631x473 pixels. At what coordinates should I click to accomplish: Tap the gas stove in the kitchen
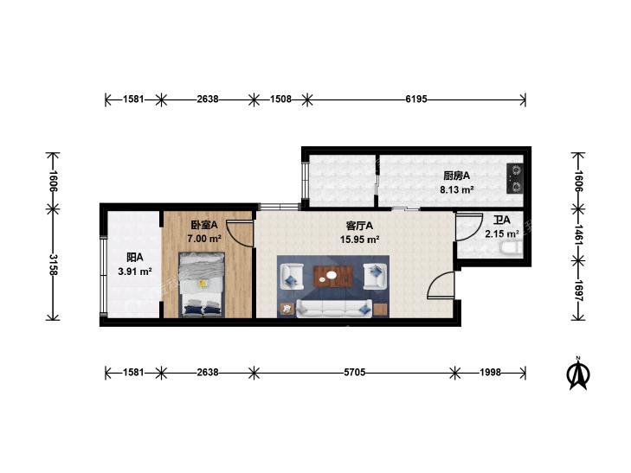point(515,178)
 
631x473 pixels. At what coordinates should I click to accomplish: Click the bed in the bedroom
point(201,284)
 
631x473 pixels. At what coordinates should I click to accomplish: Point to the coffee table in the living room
point(332,277)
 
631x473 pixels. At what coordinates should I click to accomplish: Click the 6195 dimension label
point(416,99)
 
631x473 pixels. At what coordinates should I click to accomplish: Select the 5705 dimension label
point(355,373)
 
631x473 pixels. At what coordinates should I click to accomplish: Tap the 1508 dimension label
point(280,99)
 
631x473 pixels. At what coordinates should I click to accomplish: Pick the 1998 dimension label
point(490,373)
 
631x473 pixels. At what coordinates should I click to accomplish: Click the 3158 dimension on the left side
point(53,265)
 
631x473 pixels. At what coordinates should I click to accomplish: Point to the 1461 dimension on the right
point(579,234)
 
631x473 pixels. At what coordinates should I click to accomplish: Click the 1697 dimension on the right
point(579,291)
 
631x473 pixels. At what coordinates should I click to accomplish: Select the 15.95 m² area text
point(360,240)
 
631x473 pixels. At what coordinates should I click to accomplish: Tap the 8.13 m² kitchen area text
point(456,189)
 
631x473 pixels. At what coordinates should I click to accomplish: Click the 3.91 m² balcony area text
point(135,272)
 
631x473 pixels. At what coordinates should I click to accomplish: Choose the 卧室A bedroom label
point(204,224)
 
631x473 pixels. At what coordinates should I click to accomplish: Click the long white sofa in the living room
point(334,309)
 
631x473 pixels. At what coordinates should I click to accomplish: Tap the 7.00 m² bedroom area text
point(204,239)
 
